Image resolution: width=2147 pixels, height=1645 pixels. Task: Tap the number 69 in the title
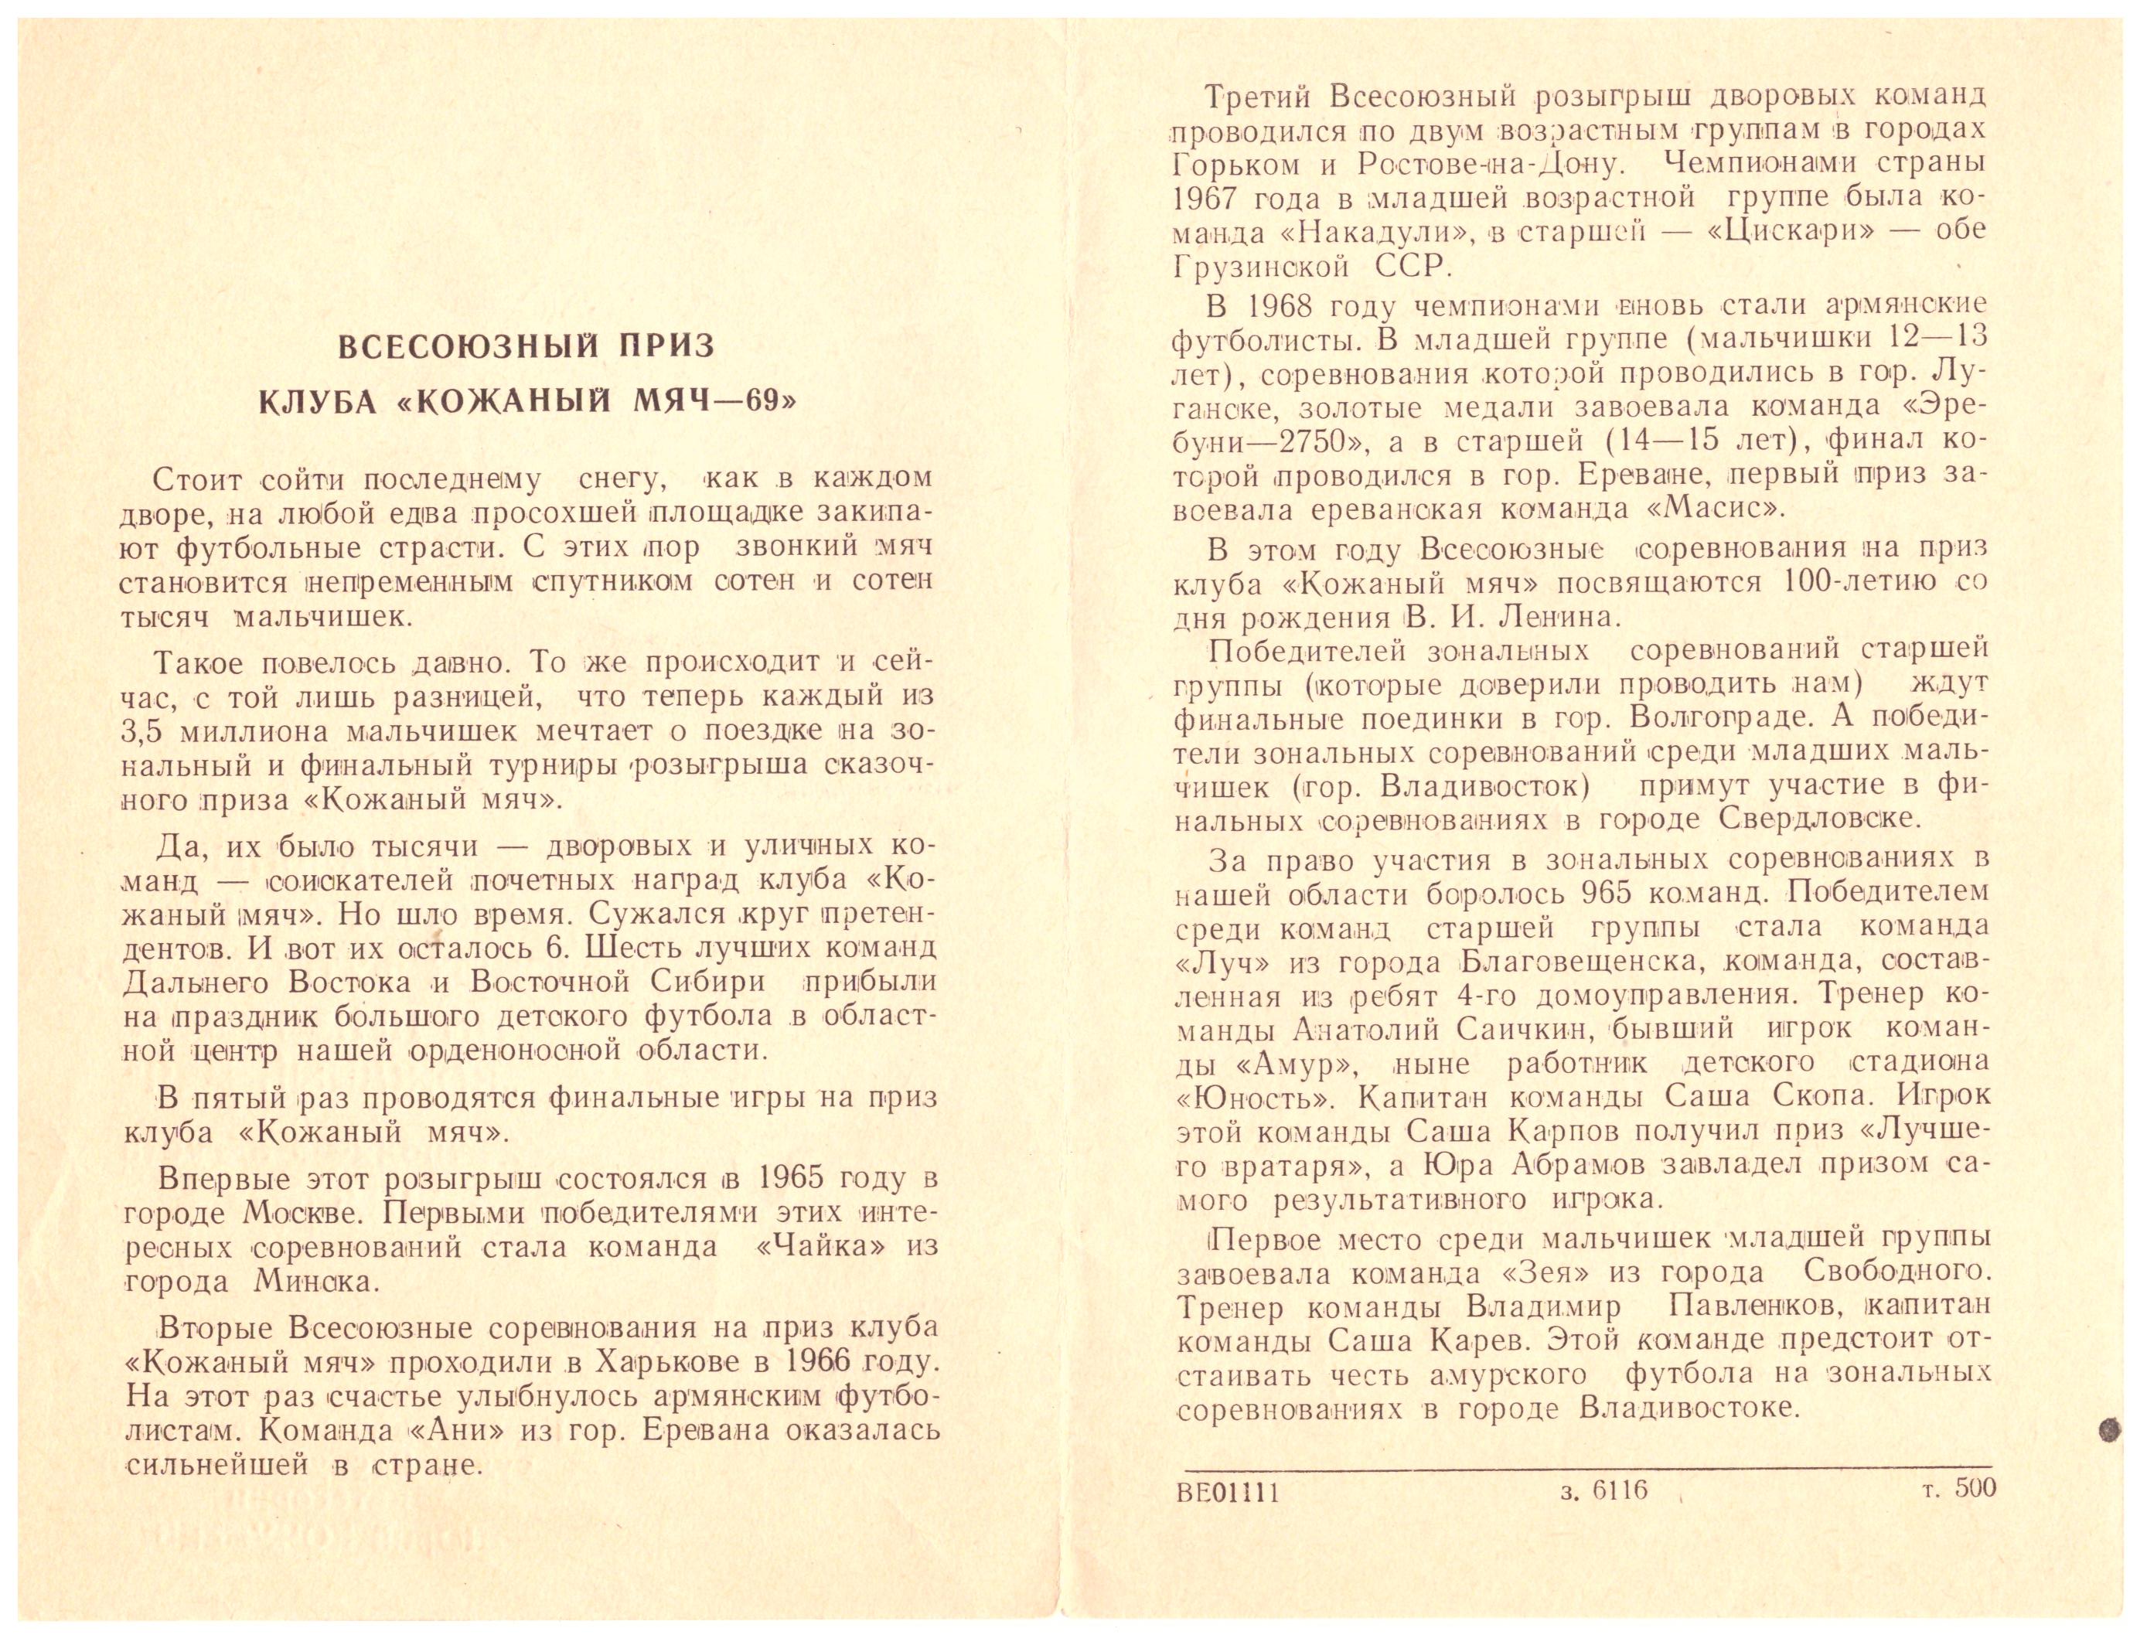coord(760,404)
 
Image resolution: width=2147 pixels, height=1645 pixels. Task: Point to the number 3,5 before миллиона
coord(147,731)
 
